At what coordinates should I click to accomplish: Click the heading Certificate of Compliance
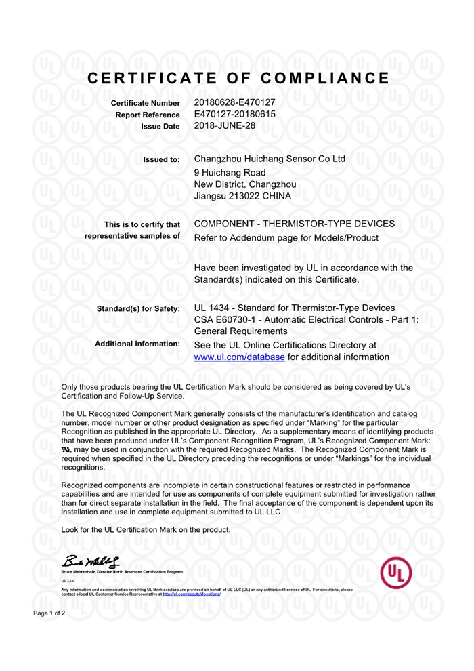(x=238, y=77)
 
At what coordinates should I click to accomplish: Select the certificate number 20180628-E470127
(x=234, y=102)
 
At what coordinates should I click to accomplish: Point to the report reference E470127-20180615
(x=234, y=114)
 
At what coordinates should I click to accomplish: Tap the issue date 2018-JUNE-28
(x=225, y=125)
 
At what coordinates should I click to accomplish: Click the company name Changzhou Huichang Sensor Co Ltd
(x=270, y=159)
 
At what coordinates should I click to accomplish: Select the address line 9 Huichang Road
(x=230, y=172)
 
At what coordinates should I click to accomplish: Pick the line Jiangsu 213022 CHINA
(x=242, y=196)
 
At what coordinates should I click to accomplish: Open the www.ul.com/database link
(x=239, y=357)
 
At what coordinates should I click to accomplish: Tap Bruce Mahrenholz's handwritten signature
(x=91, y=562)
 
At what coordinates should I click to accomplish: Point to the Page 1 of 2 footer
(x=49, y=613)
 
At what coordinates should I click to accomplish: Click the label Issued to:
(x=161, y=160)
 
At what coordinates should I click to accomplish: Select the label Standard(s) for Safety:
(x=138, y=309)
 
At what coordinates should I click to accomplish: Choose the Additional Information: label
(x=137, y=344)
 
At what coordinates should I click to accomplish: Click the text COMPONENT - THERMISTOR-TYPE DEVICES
(x=294, y=224)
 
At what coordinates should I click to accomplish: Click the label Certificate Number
(x=146, y=103)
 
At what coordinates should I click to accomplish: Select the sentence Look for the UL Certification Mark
(x=146, y=529)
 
